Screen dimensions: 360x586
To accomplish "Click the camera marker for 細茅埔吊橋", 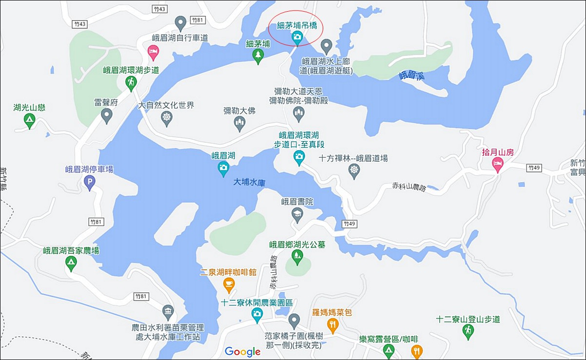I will (x=296, y=37).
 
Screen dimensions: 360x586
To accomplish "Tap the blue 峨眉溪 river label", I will (x=411, y=76).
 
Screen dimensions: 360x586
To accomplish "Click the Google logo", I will (x=242, y=352).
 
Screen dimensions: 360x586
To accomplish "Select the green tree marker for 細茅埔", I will (x=258, y=56).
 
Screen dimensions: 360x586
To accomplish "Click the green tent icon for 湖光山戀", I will (x=29, y=120).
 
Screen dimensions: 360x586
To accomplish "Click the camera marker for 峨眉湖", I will (x=223, y=168).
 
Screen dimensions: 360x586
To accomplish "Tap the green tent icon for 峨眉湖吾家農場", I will (x=71, y=263).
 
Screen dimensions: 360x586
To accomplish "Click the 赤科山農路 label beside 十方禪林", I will (x=409, y=186).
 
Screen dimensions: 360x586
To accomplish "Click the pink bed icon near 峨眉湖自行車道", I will (x=153, y=51).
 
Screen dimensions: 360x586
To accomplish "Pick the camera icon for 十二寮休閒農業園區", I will (x=257, y=315).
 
